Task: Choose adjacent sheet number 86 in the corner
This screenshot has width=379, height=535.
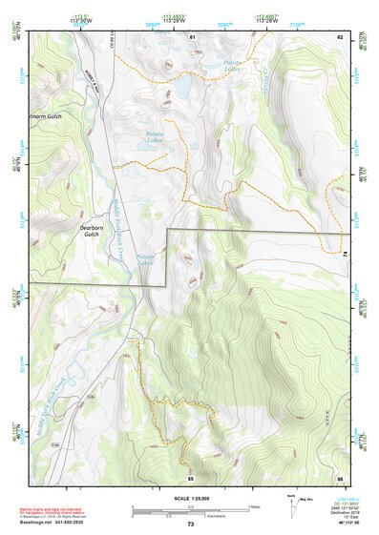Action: pyautogui.click(x=338, y=476)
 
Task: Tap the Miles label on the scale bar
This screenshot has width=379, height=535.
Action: pyautogui.click(x=253, y=505)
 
